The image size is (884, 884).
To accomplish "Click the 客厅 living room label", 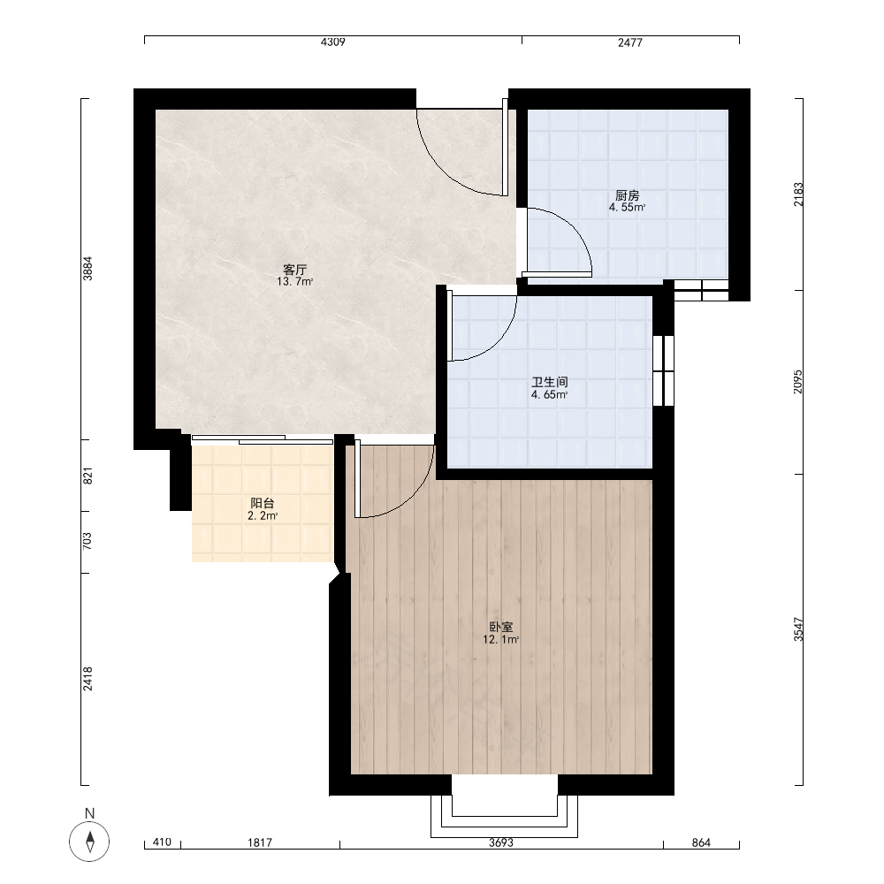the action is pos(295,270).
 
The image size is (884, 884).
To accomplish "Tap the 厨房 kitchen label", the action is pos(627,195).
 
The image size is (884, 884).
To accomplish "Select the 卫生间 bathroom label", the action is pos(550,382).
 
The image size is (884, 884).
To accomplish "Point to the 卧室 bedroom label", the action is pos(500,627).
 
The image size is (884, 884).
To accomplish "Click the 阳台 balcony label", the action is pos(263,503).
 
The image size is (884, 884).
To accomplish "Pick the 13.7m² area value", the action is pos(295,282).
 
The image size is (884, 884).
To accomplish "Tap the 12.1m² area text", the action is pos(500,639).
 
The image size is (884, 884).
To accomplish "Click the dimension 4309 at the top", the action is pos(332,42).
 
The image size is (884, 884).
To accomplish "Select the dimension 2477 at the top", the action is pos(629,42).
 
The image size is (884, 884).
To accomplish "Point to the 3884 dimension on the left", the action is pos(88,269).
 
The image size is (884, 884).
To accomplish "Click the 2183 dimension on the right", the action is pos(798,194).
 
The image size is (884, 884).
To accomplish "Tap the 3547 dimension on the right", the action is pos(798,629).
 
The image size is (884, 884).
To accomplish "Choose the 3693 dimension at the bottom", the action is pos(500,842).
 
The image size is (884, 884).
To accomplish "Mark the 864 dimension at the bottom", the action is pos(701,842).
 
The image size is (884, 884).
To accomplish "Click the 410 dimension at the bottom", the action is pos(162,842).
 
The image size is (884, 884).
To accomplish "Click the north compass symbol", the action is pos(89,842).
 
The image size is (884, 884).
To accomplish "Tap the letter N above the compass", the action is pos(89,813).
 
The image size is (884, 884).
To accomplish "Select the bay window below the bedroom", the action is pos(504,816).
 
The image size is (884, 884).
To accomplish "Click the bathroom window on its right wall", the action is pos(663,370).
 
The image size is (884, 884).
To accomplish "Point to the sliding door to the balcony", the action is pos(263,439).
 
